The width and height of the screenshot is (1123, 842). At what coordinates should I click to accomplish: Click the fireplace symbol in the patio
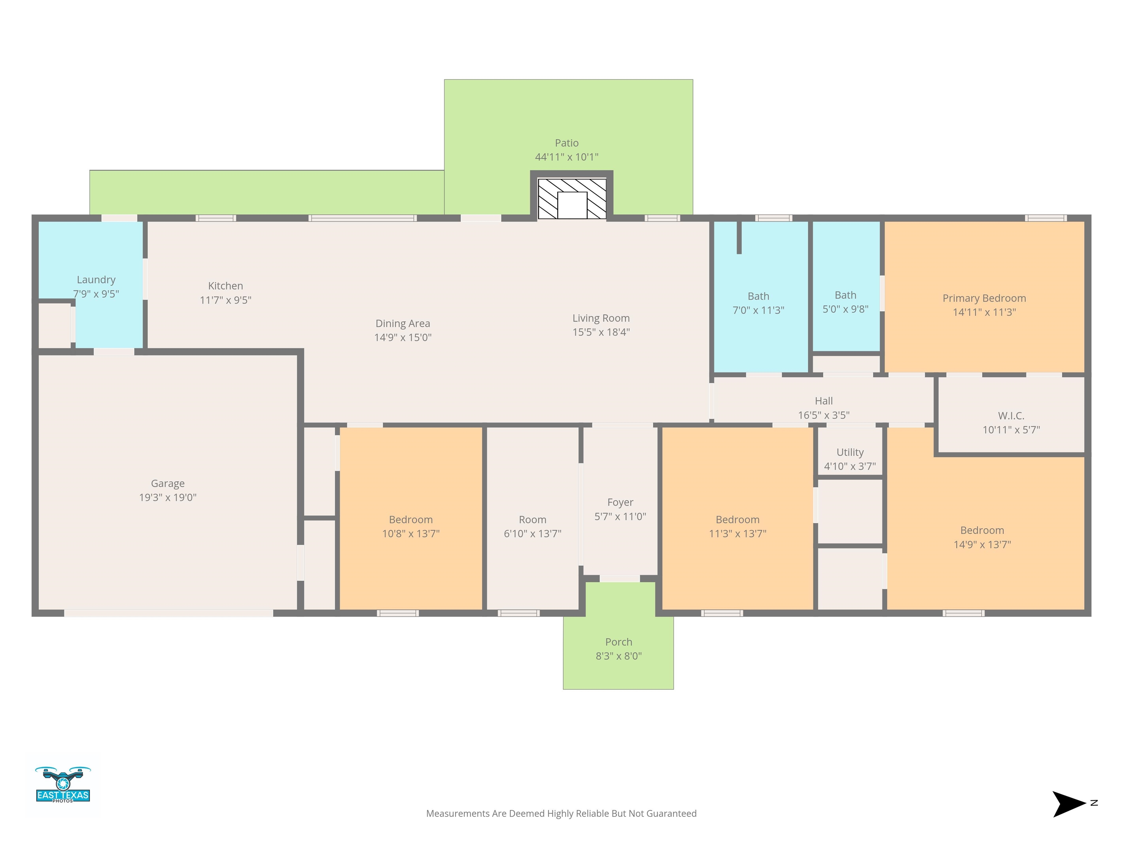coord(572,198)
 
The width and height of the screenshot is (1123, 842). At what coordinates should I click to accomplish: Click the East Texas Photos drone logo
coord(63,784)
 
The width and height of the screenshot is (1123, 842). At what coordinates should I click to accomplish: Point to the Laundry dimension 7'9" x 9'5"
coord(96,294)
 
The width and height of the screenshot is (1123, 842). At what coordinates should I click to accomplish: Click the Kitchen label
coord(226,286)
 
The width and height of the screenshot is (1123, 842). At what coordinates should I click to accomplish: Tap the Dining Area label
coord(402,323)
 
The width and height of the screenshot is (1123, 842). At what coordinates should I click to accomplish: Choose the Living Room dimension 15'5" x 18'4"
coord(601,332)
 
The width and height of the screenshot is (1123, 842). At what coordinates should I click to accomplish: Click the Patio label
coord(567,143)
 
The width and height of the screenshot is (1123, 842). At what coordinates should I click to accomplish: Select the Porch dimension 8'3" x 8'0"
coord(619,656)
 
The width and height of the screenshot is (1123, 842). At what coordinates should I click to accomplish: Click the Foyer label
coord(620,502)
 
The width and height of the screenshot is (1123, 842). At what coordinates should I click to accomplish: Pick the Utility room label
coord(850,452)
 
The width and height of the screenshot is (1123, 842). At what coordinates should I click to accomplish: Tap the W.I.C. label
coord(1011,416)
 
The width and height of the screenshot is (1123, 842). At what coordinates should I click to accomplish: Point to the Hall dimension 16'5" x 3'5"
coord(824,415)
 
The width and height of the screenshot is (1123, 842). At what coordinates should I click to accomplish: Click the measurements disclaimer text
coord(561,813)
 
